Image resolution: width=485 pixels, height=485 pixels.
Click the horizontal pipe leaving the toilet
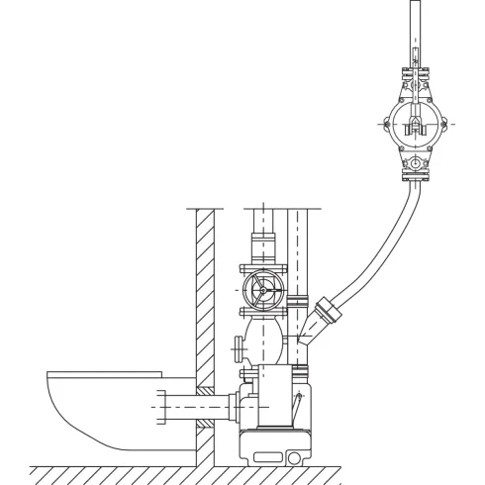pos(178,408)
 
